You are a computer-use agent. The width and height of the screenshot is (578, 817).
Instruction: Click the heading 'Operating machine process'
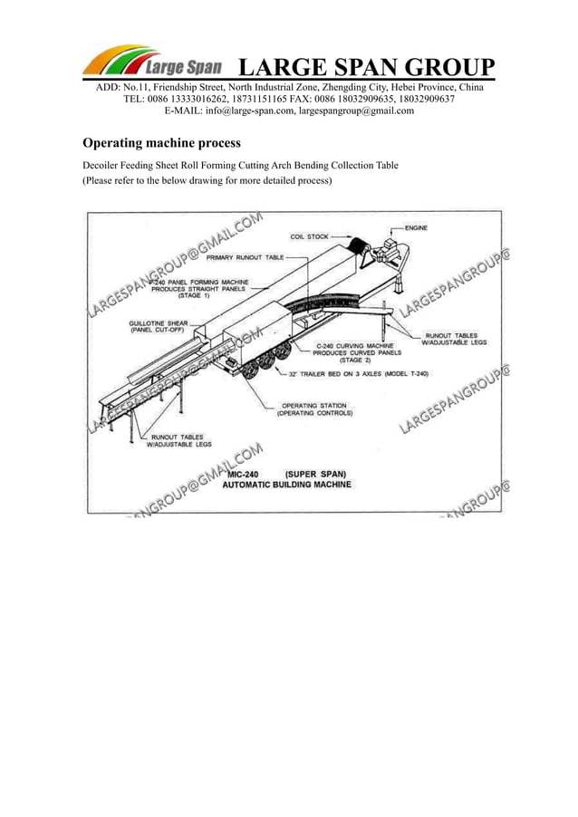click(x=161, y=142)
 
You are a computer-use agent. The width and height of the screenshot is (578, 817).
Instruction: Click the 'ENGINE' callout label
click(x=417, y=227)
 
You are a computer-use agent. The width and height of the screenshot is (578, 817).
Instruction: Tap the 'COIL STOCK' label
click(x=310, y=237)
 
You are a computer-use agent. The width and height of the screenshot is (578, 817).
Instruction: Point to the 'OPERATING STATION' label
click(x=315, y=405)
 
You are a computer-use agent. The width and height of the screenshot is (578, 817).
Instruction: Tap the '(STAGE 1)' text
click(x=193, y=296)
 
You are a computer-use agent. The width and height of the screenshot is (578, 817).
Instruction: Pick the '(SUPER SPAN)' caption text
click(x=314, y=473)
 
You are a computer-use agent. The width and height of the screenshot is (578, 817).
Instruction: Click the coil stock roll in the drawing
click(x=360, y=246)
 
